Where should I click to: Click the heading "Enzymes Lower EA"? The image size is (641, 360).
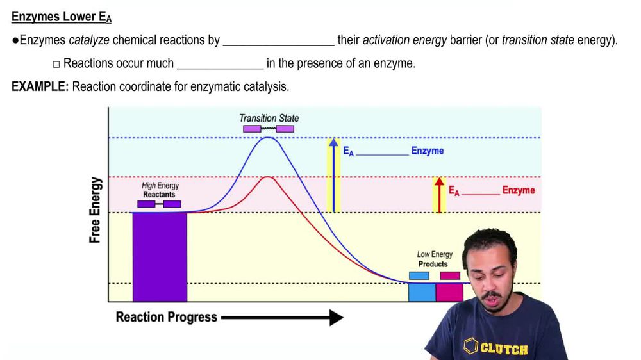62,17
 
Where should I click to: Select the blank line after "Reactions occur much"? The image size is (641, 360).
220,63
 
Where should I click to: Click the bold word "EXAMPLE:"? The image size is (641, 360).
40,86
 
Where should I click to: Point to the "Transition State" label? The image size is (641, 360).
269,118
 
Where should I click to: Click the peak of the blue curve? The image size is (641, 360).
269,138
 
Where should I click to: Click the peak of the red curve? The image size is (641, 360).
269,177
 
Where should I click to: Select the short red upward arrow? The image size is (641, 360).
439,195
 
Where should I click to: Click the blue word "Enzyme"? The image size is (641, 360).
427,151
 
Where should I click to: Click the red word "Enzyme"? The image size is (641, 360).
518,190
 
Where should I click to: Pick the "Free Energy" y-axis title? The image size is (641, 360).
95,210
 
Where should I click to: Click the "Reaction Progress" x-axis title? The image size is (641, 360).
166,317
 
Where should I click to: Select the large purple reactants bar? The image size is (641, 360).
160,256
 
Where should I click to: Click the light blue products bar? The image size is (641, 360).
422,292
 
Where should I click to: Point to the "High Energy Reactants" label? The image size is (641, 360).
160,190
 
